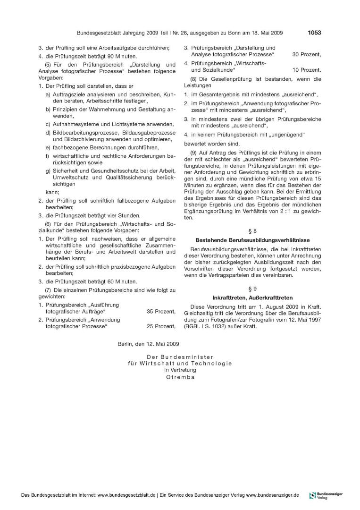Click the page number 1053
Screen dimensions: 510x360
(314, 33)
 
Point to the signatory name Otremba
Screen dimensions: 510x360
(180, 377)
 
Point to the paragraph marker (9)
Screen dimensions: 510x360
(194, 152)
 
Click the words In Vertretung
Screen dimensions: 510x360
(180, 370)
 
